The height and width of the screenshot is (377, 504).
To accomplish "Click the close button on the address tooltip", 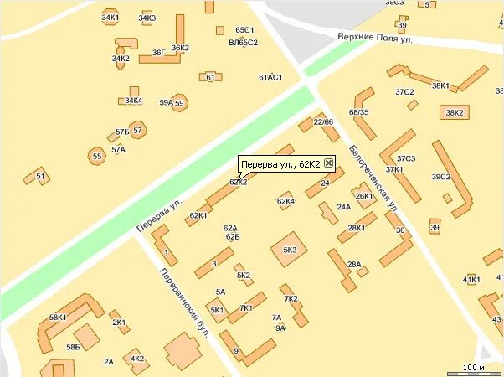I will (x=328, y=163).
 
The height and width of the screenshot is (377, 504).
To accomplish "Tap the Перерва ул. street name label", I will (x=159, y=216).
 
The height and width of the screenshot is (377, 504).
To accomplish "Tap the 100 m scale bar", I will (x=473, y=368).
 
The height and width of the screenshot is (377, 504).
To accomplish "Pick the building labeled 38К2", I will (x=455, y=112).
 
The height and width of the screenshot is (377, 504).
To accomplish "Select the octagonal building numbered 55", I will (x=97, y=156).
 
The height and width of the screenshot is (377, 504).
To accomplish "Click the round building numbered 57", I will (x=137, y=130).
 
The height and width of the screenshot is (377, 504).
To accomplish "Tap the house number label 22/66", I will (x=323, y=122).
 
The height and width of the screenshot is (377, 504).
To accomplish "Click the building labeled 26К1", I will (x=364, y=197).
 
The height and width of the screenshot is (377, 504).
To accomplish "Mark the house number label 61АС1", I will (x=270, y=77).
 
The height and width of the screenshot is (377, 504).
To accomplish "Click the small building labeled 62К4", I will (x=285, y=201).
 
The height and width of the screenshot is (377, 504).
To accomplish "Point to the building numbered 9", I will (x=238, y=349).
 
